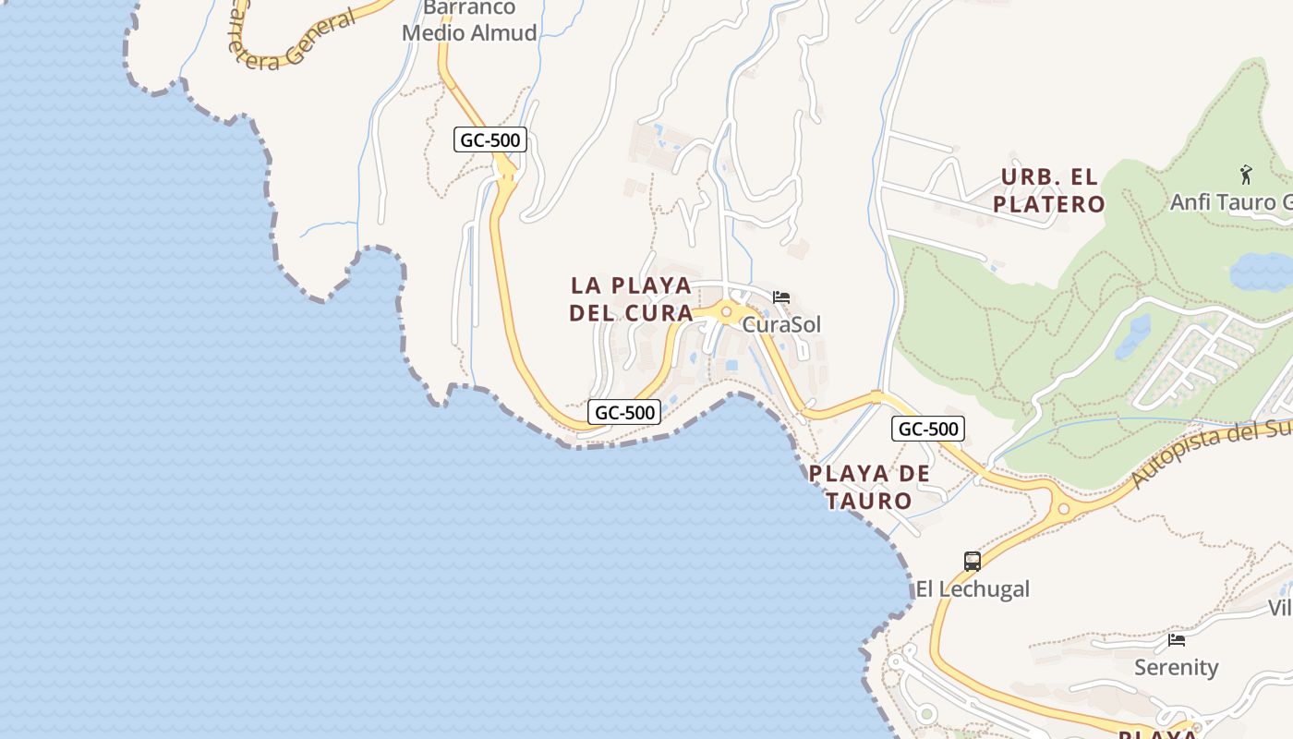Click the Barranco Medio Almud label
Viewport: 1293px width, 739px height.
click(x=469, y=20)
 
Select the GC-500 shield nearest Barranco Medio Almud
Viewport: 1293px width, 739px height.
click(x=490, y=140)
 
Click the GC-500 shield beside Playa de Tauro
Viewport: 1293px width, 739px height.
click(x=928, y=429)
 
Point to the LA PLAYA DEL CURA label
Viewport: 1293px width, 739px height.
click(x=632, y=298)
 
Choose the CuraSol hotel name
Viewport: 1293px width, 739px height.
click(x=781, y=325)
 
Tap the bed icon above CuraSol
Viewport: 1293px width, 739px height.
click(x=781, y=297)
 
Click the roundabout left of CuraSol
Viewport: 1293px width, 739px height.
click(x=727, y=312)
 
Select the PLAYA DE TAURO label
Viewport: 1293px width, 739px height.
click(x=869, y=487)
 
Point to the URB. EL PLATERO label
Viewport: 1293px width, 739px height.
click(x=1049, y=190)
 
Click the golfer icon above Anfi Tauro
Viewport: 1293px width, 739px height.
click(x=1246, y=174)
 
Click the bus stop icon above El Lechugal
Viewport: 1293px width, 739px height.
click(x=973, y=561)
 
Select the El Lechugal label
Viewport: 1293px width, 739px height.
click(x=973, y=589)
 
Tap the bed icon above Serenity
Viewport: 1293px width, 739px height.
click(x=1177, y=639)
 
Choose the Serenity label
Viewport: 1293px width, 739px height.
click(x=1177, y=667)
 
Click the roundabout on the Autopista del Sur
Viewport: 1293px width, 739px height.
click(x=1064, y=507)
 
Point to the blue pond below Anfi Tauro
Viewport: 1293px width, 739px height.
click(x=1261, y=272)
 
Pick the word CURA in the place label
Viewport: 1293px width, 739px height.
click(x=659, y=313)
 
